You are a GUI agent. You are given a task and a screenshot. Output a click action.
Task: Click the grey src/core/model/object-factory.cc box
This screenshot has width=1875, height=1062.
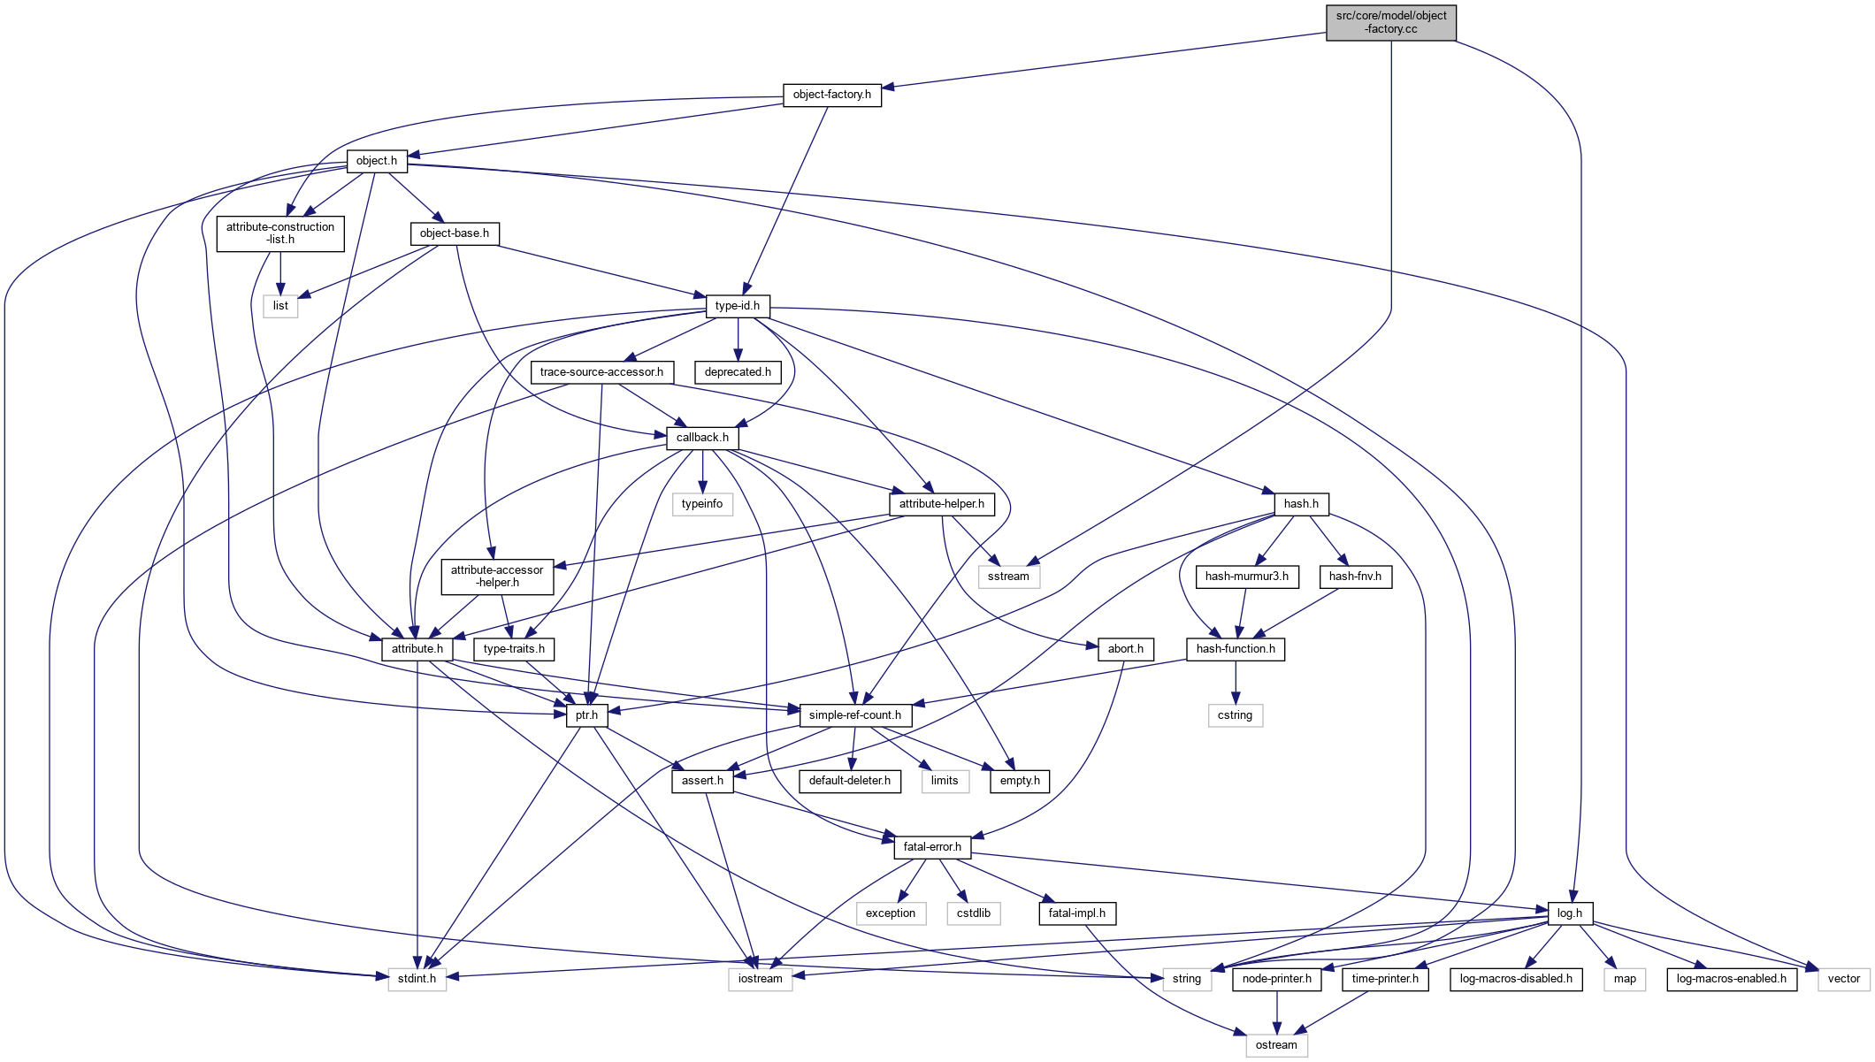[1390, 22]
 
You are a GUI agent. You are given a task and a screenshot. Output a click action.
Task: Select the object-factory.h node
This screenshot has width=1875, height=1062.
[831, 95]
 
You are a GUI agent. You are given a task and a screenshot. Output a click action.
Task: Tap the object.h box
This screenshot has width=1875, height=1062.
[377, 161]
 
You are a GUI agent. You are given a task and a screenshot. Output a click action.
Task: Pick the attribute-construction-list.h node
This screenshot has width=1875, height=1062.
[280, 233]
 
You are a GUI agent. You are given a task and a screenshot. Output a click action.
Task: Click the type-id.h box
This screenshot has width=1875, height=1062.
[738, 306]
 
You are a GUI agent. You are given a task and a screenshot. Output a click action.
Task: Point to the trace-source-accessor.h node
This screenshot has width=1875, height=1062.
[601, 372]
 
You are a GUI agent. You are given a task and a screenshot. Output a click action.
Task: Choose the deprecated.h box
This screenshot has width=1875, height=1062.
[738, 372]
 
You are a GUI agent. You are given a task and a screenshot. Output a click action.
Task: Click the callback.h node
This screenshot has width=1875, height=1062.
[702, 438]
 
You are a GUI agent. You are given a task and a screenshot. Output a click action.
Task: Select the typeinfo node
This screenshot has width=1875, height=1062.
[702, 504]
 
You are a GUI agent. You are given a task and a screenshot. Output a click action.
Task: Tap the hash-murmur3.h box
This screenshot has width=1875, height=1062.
[1246, 577]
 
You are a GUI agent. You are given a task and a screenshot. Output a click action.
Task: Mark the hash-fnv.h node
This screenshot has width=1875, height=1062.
[1355, 577]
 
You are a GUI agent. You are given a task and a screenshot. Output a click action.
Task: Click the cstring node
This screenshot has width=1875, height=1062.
[1235, 715]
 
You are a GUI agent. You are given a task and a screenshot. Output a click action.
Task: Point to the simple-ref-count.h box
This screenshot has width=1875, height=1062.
[854, 715]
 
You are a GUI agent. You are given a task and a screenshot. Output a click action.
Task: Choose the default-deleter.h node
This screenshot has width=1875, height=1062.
[849, 781]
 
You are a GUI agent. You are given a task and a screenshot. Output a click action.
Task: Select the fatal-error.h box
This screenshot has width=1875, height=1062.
[932, 847]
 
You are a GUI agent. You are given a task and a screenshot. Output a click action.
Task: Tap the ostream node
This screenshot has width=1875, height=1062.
[1276, 1045]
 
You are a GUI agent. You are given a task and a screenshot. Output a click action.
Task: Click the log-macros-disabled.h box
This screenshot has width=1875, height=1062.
[1516, 979]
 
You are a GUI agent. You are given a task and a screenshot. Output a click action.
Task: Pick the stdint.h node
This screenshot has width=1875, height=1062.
[417, 979]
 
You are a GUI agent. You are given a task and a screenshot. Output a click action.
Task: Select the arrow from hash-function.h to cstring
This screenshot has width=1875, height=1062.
[1236, 682]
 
